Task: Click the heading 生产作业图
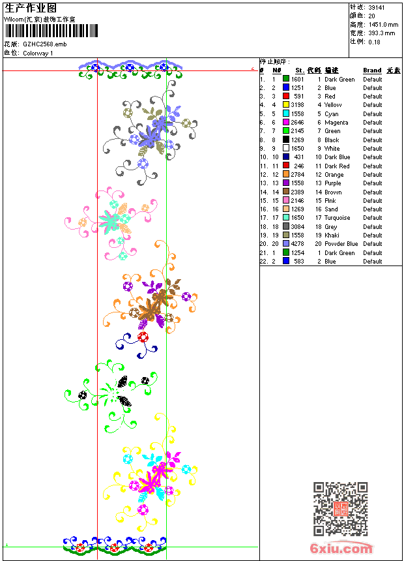tap(31, 8)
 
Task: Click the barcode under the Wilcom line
tap(51, 31)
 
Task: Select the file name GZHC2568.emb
tap(45, 44)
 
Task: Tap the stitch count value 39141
tap(377, 7)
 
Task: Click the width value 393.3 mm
tap(381, 33)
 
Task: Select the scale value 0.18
tap(375, 42)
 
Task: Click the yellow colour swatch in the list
tap(286, 105)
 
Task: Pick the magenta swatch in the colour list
tap(286, 123)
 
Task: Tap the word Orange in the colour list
tap(334, 175)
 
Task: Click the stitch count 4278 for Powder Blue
tap(297, 244)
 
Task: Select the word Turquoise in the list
tap(338, 218)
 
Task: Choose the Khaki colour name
tap(332, 235)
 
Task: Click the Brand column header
tap(372, 70)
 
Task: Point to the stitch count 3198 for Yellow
tap(297, 105)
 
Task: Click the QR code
tap(340, 509)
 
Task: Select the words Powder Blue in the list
tap(341, 244)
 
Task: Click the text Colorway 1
tap(38, 53)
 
